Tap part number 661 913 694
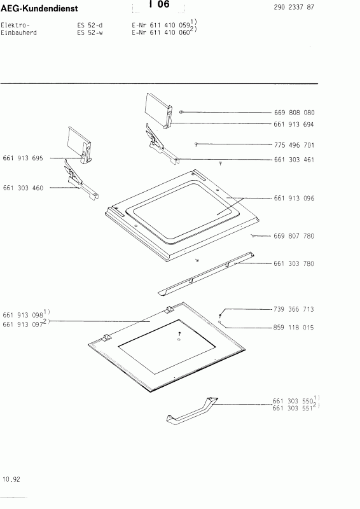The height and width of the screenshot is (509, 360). pyautogui.click(x=294, y=125)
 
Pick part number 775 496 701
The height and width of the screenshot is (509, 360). pyautogui.click(x=294, y=145)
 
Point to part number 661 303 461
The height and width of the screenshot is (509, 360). pyautogui.click(x=294, y=160)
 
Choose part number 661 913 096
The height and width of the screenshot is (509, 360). pyautogui.click(x=294, y=199)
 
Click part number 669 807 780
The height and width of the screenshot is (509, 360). pyautogui.click(x=294, y=236)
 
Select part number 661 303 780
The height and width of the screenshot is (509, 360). pyautogui.click(x=294, y=263)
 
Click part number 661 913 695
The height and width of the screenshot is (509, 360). pyautogui.click(x=23, y=158)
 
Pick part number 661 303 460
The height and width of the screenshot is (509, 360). pyautogui.click(x=23, y=188)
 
